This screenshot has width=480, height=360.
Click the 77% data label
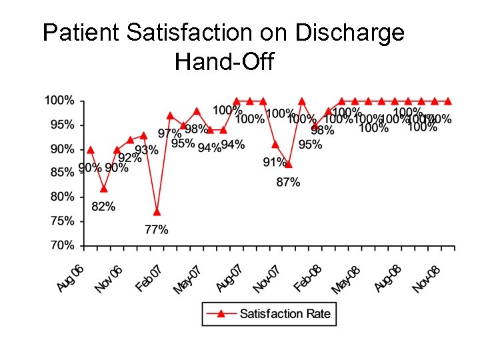pos(157,230)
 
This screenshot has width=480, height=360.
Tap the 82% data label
pos(103,207)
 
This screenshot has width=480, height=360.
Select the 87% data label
pos(288,182)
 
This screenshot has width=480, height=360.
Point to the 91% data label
pos(275,162)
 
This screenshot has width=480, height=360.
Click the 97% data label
pos(169,133)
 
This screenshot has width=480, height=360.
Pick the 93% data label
pos(147,150)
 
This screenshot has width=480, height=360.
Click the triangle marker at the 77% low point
pos(157,212)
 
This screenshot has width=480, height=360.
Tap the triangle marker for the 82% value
pos(103,189)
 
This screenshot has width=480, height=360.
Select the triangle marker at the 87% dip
pos(289,164)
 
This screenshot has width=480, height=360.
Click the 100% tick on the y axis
pos(59,101)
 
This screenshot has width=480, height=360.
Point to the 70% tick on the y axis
pos(62,245)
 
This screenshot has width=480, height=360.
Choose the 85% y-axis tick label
pos(62,173)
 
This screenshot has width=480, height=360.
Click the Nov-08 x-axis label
pos(427,279)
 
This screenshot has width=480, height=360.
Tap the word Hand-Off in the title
pos(224,62)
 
